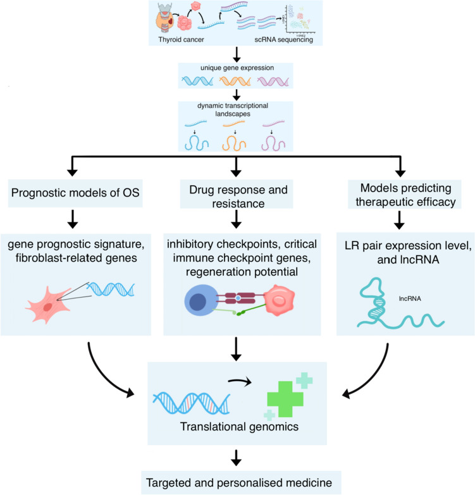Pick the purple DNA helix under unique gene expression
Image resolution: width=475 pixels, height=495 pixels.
[x=276, y=80]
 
